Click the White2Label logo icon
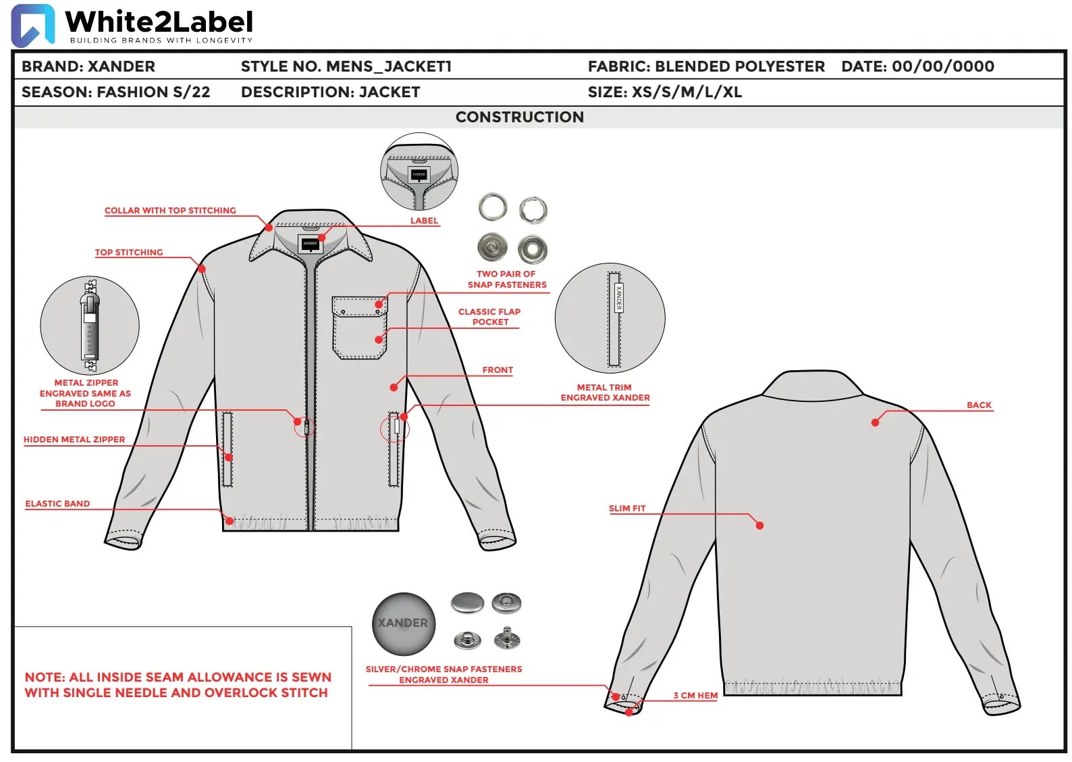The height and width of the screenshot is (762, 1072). (x=33, y=25)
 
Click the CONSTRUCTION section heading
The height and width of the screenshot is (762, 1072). (x=519, y=117)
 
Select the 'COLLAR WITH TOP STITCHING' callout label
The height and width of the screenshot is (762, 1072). (x=170, y=210)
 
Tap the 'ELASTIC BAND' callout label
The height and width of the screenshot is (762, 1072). (x=57, y=503)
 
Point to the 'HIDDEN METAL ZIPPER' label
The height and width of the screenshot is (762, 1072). (x=74, y=439)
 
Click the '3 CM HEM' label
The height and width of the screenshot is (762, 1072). (x=695, y=695)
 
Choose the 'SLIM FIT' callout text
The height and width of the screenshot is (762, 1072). (x=627, y=508)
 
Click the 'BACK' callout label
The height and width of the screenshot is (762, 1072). (x=979, y=405)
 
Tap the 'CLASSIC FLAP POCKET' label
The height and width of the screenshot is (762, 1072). (x=489, y=317)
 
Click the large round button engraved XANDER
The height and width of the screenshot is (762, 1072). (x=404, y=624)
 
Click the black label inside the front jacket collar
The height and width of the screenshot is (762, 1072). (x=310, y=244)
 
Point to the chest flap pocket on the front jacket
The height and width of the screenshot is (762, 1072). (x=359, y=328)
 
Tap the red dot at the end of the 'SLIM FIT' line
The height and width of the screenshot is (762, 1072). (x=759, y=526)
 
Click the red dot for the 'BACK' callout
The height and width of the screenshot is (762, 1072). (x=875, y=422)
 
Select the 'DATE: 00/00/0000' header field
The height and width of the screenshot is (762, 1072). (x=917, y=66)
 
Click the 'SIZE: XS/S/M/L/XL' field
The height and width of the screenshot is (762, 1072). (x=665, y=92)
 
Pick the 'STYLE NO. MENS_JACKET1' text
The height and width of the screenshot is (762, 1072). (x=346, y=66)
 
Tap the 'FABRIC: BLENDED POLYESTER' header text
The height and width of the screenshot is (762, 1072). (x=706, y=66)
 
